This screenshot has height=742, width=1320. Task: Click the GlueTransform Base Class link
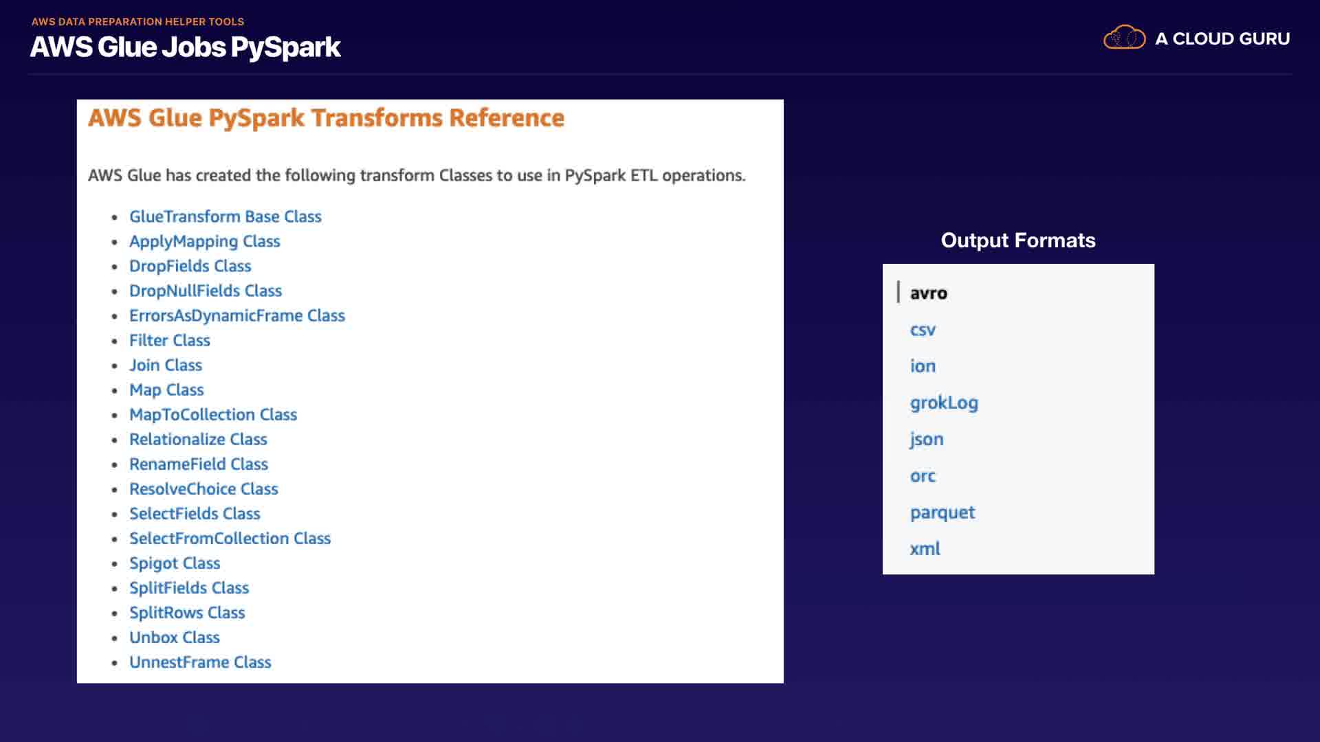[225, 216]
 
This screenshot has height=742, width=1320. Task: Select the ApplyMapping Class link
[205, 242]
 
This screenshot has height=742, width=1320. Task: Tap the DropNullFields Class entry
[206, 291]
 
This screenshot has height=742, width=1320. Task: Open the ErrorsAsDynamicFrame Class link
[237, 316]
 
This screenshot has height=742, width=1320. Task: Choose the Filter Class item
[170, 340]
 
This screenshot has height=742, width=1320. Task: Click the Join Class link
[166, 365]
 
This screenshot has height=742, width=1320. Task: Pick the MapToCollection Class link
[213, 415]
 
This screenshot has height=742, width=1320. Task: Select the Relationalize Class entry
[198, 439]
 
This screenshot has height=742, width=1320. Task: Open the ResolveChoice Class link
[203, 488]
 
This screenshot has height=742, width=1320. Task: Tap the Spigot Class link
[175, 563]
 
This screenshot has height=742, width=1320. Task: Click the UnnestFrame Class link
[200, 662]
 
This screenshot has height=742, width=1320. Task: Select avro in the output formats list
[929, 293]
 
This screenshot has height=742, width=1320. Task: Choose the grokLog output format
[944, 403]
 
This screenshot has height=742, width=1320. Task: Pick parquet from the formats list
[943, 513]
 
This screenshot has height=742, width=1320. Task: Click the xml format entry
[925, 548]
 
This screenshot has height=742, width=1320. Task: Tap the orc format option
[923, 476]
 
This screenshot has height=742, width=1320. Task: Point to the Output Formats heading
[1018, 240]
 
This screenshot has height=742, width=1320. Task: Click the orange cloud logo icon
[1125, 37]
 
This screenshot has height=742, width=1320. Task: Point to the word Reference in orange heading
[507, 118]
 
